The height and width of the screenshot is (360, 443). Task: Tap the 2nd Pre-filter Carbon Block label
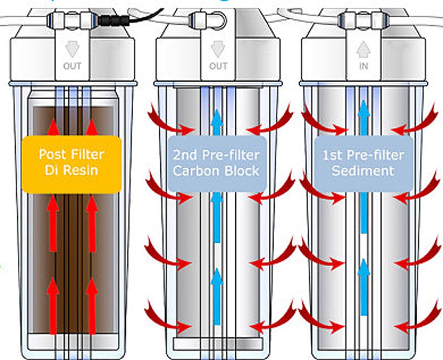[217, 162]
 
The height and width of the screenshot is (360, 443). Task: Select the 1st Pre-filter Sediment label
[363, 162]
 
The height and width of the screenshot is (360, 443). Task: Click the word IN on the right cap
[363, 66]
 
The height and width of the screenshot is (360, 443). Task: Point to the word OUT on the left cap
[72, 66]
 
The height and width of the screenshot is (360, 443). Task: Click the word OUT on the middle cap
[218, 66]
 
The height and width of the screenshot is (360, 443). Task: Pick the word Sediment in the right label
[363, 171]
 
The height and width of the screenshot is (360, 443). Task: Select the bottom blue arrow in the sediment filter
[363, 287]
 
